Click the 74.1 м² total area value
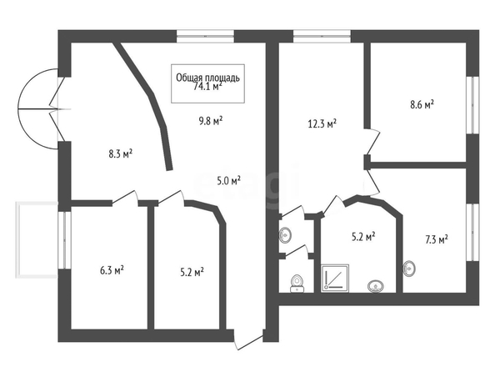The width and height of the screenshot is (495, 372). [207, 87]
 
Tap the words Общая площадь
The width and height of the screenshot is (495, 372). [207, 78]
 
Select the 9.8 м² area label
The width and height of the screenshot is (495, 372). [211, 121]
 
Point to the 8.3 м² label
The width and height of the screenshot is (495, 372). [120, 154]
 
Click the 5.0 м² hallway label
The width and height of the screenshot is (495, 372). [229, 181]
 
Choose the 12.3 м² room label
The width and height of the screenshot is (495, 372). [322, 123]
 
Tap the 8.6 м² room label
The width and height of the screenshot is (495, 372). [422, 104]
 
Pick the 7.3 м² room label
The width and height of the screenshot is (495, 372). [437, 239]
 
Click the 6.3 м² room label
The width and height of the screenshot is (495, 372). [112, 270]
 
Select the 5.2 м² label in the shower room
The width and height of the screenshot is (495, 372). [363, 236]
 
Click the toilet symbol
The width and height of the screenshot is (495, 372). [297, 284]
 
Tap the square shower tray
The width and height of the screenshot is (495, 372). [335, 278]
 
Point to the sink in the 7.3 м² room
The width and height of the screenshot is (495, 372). [409, 269]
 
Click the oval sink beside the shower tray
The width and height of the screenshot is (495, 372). [376, 286]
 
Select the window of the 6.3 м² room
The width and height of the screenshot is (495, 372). [64, 240]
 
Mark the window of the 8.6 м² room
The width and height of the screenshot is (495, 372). [472, 105]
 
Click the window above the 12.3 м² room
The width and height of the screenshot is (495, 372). [322, 36]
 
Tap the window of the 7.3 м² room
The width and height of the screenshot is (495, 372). [472, 233]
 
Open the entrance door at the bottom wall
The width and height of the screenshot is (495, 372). [248, 339]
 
